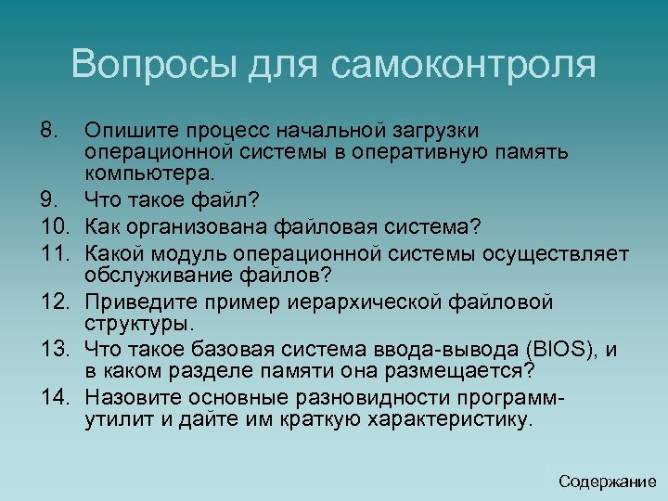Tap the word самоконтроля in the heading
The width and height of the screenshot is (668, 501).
(x=462, y=65)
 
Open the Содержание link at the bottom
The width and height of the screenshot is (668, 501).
(x=608, y=482)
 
